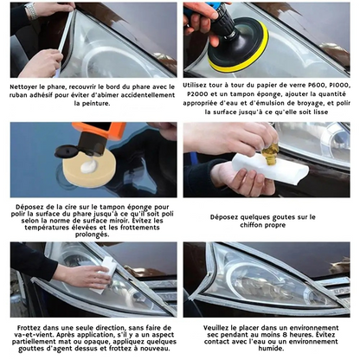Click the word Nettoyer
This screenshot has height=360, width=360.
27,87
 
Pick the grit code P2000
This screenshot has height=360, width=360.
201,94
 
